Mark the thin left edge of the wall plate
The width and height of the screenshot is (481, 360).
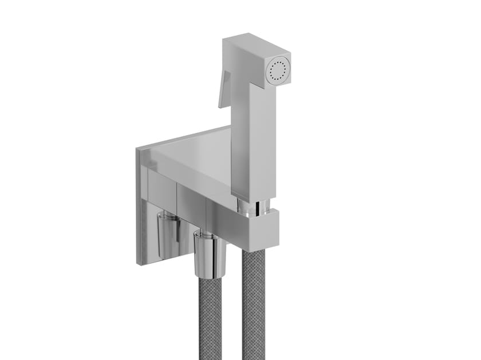coord(138,206)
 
